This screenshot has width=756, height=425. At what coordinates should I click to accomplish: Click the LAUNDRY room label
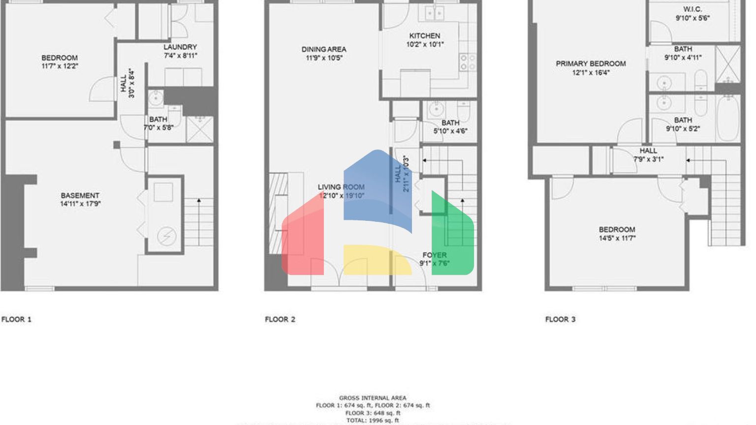(x=180, y=47)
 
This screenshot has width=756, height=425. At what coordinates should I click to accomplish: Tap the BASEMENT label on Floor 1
(x=80, y=195)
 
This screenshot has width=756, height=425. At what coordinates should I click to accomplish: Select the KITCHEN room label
(x=425, y=36)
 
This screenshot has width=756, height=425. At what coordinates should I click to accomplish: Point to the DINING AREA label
(x=324, y=49)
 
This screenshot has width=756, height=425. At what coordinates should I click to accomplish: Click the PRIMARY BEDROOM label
(x=591, y=64)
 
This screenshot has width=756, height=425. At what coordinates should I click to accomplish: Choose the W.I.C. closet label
(x=693, y=9)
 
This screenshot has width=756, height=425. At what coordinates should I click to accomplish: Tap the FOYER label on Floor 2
(x=435, y=255)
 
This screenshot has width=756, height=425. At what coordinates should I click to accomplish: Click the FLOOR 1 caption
(x=16, y=319)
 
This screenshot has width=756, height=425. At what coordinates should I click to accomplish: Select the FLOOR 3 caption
(x=560, y=319)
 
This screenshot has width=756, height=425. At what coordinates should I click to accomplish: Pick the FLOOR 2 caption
(x=280, y=319)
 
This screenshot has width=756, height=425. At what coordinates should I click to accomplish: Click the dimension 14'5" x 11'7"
(x=617, y=238)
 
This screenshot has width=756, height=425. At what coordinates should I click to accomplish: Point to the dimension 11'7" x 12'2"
(x=60, y=66)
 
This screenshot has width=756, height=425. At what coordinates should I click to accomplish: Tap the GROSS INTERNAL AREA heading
(x=373, y=398)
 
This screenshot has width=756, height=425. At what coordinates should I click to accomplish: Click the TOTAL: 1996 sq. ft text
(x=373, y=421)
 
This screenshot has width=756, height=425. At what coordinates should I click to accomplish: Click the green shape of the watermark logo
(x=452, y=236)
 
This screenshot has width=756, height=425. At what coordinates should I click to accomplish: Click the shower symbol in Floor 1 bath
(x=200, y=129)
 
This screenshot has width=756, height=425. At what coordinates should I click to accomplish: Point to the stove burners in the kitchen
(x=468, y=62)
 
